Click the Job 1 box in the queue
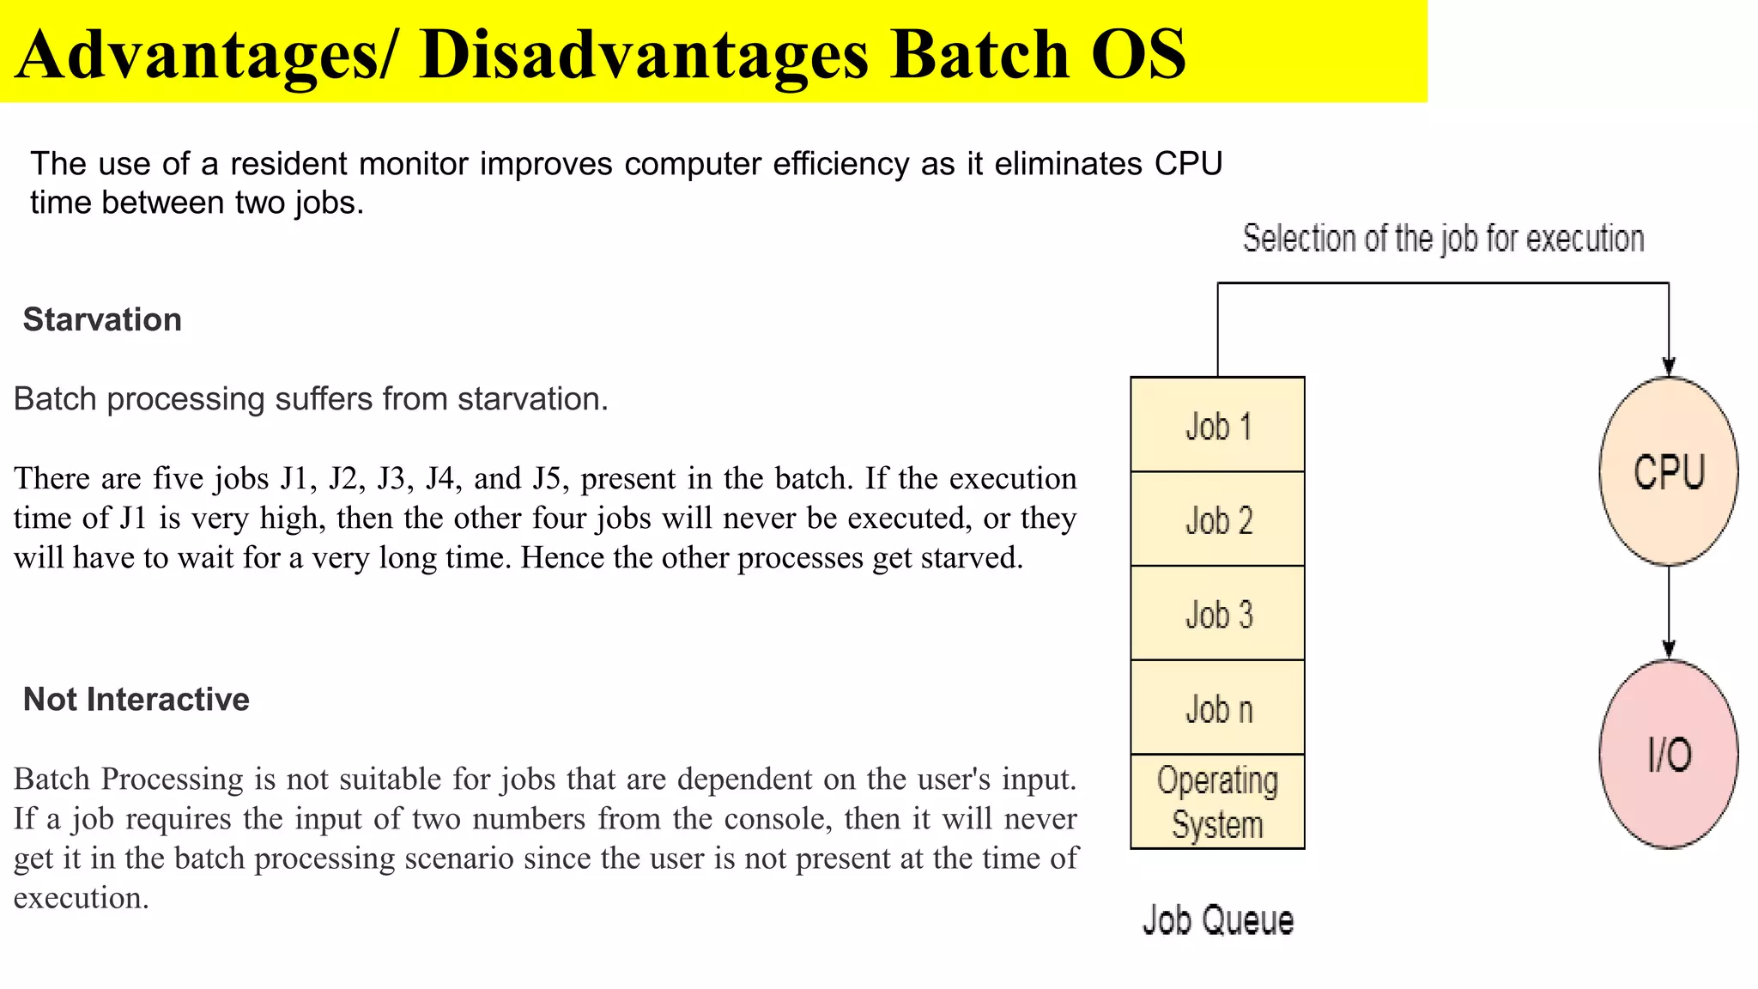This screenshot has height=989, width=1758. pyautogui.click(x=1217, y=425)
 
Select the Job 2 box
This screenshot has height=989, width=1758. pyautogui.click(x=1217, y=519)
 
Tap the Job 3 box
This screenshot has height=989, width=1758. pyautogui.click(x=1217, y=614)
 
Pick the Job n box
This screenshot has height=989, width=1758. pyautogui.click(x=1217, y=708)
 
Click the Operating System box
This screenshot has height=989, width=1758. pyautogui.click(x=1217, y=802)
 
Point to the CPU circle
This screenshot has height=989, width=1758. pyautogui.click(x=1668, y=471)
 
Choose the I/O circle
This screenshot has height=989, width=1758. pyautogui.click(x=1668, y=754)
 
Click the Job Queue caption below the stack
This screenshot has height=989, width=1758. pyautogui.click(x=1217, y=920)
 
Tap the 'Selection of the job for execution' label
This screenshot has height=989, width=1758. pyautogui.click(x=1443, y=239)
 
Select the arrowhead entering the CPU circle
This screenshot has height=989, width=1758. pyautogui.click(x=1669, y=367)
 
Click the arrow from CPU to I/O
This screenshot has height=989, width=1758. pyautogui.click(x=1669, y=612)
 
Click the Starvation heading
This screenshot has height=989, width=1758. pyautogui.click(x=102, y=319)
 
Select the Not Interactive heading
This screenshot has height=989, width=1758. pyautogui.click(x=136, y=699)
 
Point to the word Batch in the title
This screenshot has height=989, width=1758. pyautogui.click(x=979, y=54)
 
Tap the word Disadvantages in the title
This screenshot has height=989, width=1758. pyautogui.click(x=644, y=54)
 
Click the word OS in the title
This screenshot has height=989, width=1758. pyautogui.click(x=1138, y=54)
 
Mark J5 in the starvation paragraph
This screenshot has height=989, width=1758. pyautogui.click(x=546, y=478)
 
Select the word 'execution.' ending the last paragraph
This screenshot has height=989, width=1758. pyautogui.click(x=82, y=898)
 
